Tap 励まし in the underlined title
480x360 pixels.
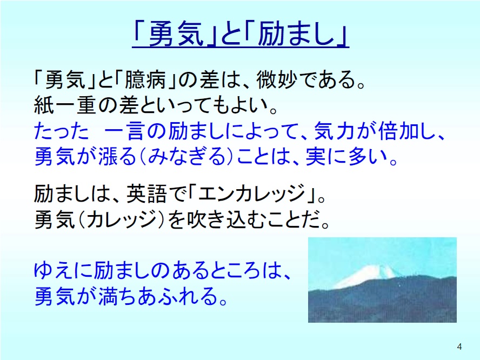[296, 35]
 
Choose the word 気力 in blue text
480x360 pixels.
[335, 131]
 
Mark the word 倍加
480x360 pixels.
[399, 131]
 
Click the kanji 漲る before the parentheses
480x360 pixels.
[117, 156]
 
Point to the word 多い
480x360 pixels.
[368, 156]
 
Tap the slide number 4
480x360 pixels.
[459, 346]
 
